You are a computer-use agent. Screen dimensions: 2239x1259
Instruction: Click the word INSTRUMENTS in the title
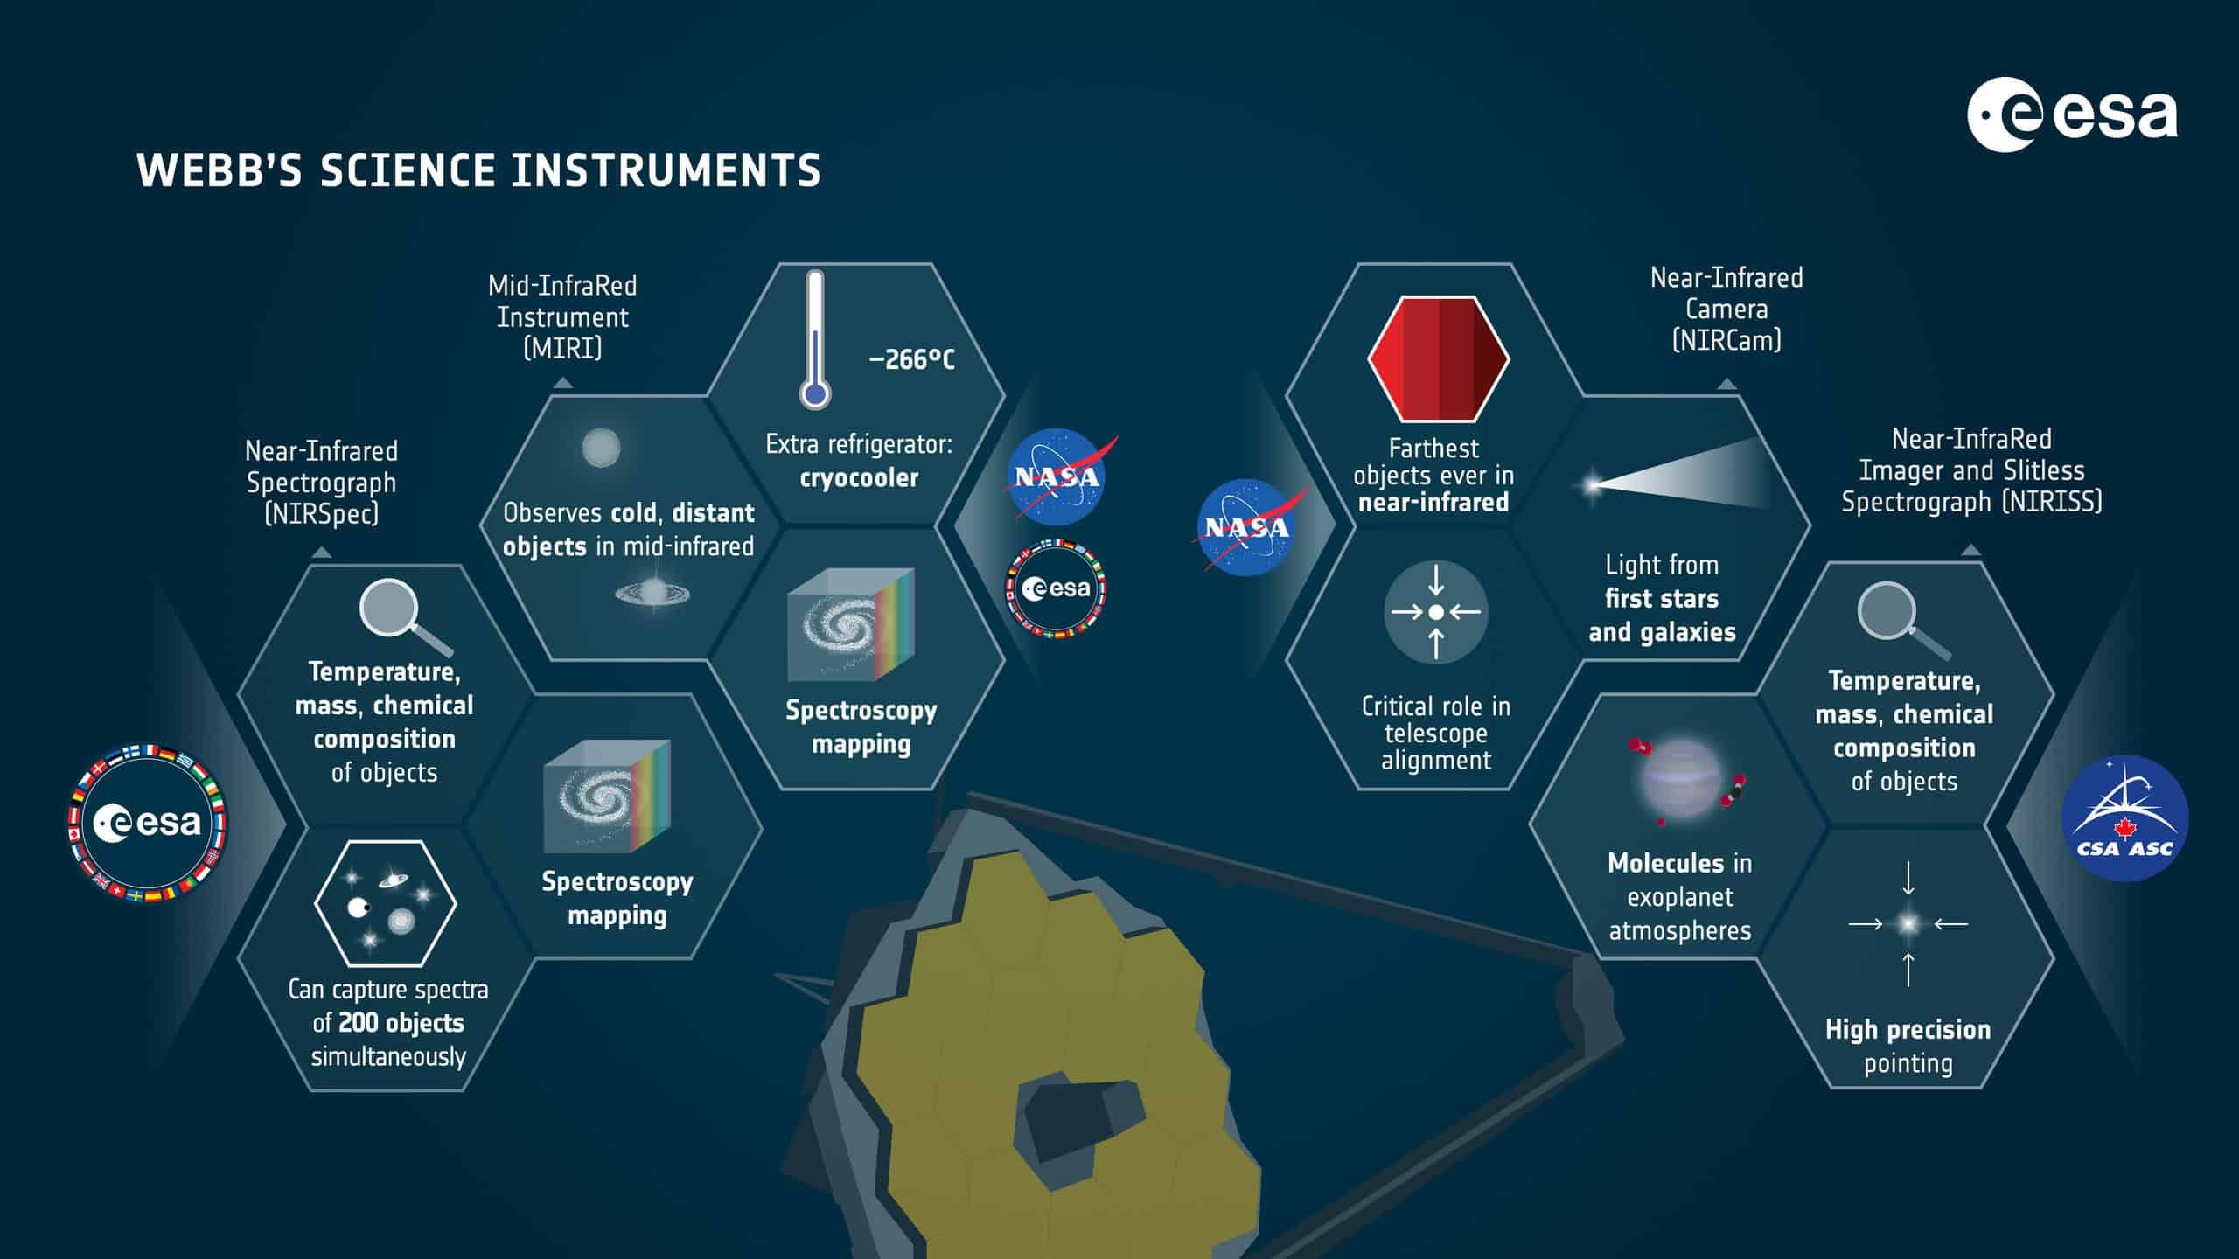pos(666,170)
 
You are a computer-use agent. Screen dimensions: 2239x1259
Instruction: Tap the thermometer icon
pos(815,339)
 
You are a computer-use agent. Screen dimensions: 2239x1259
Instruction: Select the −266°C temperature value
pos(911,359)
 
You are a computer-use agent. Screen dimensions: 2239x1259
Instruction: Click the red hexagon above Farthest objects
pos(1439,358)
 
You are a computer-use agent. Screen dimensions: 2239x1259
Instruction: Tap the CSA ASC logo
pos(2124,818)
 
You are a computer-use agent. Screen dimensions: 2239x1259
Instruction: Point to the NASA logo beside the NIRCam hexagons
pos(1248,526)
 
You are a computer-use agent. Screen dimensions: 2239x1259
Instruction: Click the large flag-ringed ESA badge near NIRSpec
pos(147,823)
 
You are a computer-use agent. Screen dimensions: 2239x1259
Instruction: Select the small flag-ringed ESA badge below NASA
pos(1056,588)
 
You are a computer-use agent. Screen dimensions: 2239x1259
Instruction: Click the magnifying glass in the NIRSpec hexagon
pos(403,617)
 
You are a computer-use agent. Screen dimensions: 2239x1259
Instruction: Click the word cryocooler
pos(859,478)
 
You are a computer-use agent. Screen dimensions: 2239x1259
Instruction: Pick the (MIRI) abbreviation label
pos(562,349)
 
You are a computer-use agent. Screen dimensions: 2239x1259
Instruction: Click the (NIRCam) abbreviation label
pos(1726,340)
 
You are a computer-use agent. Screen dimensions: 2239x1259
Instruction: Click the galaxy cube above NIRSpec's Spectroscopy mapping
pos(607,796)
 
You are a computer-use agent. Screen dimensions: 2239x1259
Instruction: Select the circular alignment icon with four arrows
pos(1435,613)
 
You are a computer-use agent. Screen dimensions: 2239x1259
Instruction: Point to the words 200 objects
pos(401,1023)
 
